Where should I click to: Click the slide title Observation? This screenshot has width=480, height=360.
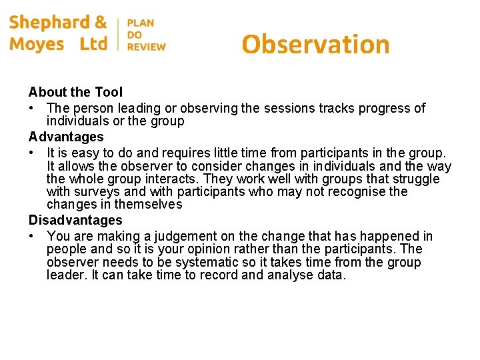click(x=315, y=45)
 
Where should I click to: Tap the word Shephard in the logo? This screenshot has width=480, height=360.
click(x=50, y=23)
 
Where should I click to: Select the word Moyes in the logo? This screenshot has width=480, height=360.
click(x=37, y=45)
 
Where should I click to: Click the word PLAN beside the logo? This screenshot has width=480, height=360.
click(x=141, y=23)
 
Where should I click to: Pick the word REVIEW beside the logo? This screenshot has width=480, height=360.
click(x=147, y=47)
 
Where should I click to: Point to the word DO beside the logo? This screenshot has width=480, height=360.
click(x=134, y=35)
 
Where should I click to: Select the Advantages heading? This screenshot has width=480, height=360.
click(x=66, y=137)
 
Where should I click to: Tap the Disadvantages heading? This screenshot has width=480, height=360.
click(x=75, y=220)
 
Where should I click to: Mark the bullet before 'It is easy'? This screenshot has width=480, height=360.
click(x=32, y=153)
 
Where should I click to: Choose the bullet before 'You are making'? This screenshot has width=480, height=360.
click(x=32, y=237)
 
